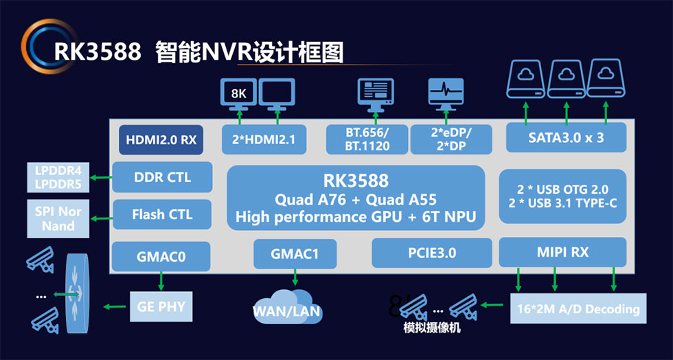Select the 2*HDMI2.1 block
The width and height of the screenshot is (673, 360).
[263, 140]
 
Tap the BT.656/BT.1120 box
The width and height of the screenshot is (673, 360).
[367, 139]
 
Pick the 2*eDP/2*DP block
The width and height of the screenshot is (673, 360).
[451, 139]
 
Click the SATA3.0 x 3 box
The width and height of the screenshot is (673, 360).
[567, 137]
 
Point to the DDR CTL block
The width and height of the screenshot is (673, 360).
[162, 177]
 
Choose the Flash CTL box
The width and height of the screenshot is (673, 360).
[162, 214]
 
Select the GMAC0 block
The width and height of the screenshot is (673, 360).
[162, 256]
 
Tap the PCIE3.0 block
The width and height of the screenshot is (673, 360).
[432, 253]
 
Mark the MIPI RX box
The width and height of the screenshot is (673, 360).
[562, 252]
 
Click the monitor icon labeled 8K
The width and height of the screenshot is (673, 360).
[238, 93]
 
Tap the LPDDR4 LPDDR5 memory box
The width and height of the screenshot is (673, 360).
[53, 177]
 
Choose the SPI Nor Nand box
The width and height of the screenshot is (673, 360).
[58, 218]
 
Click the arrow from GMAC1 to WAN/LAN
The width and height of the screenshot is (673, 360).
[296, 276]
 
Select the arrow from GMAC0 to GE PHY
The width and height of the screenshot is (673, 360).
[161, 280]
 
